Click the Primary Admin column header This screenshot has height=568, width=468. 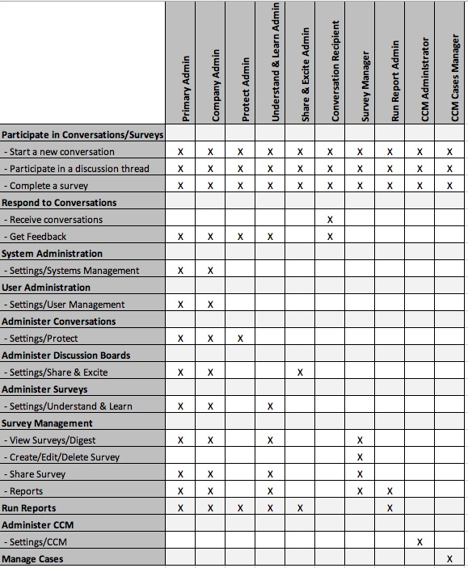coord(187,88)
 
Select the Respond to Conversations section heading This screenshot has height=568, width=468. coord(59,203)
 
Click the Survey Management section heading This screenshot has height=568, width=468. coord(47,423)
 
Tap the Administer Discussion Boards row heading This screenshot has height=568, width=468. coord(65,356)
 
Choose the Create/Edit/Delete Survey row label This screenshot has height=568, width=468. coord(61,457)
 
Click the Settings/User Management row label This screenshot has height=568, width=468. coord(64,305)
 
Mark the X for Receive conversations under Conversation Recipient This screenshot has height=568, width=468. coord(330,220)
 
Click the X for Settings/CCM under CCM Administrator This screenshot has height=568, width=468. coord(420,542)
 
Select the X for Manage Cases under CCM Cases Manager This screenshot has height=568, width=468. coord(449,559)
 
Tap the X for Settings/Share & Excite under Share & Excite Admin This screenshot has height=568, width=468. coord(300,372)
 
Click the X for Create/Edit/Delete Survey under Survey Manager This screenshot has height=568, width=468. coord(360,457)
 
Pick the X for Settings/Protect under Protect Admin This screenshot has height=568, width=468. coord(240,339)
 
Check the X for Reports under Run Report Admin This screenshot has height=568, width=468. coord(390,491)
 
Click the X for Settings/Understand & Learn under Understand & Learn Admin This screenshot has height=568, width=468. coord(270,406)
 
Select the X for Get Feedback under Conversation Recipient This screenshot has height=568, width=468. coord(330,237)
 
